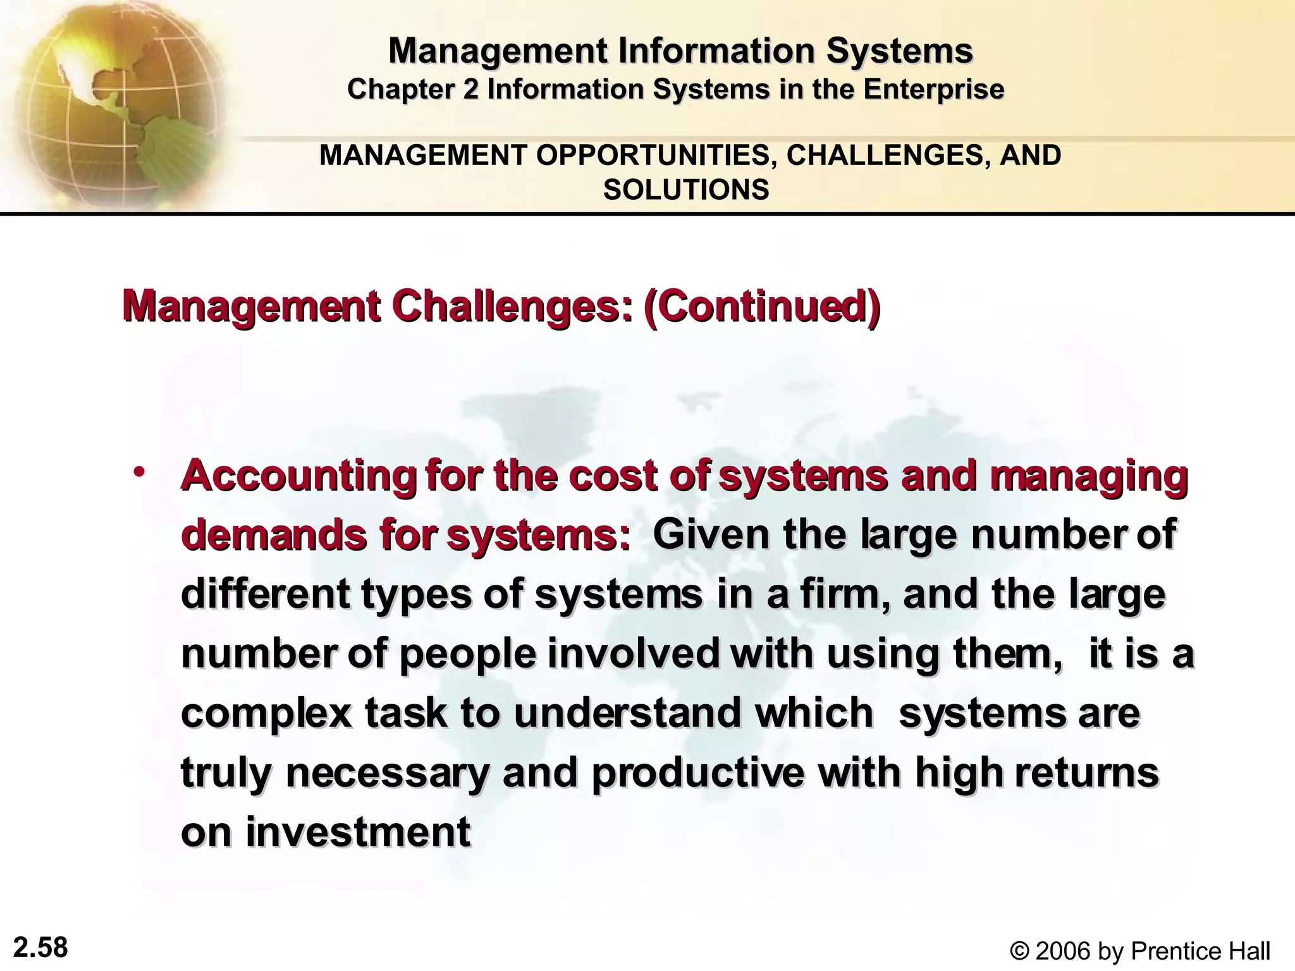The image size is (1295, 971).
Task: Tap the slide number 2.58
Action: (x=40, y=948)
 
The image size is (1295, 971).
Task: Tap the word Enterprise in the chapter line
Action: (x=934, y=89)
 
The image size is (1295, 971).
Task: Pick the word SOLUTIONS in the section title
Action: (x=686, y=190)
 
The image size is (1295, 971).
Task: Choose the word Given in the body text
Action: (x=711, y=535)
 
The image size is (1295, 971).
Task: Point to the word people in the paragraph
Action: (x=468, y=654)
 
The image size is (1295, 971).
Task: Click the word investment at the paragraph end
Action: (x=358, y=832)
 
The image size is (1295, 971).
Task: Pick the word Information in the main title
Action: (x=717, y=51)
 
